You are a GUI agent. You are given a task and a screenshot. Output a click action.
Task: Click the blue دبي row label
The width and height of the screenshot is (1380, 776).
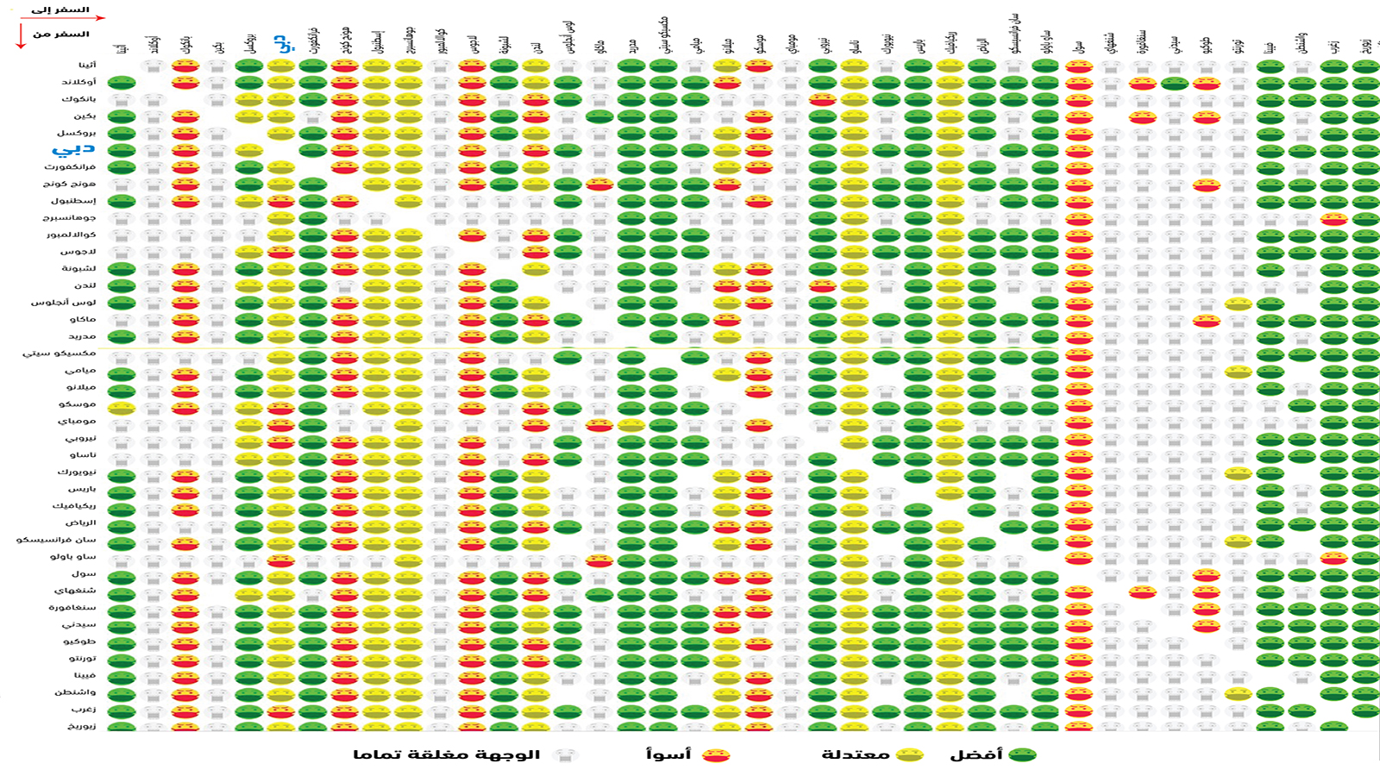[76, 149]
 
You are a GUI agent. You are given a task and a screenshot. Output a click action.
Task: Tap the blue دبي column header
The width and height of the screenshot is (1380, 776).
[282, 43]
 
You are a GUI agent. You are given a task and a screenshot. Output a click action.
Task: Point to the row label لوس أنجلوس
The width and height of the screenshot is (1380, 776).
[65, 303]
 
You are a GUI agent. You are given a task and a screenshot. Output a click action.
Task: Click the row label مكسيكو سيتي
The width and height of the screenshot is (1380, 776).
[60, 354]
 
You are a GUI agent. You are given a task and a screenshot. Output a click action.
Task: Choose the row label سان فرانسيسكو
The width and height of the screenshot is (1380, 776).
[57, 540]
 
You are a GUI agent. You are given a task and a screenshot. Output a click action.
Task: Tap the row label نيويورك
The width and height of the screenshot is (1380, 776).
[77, 472]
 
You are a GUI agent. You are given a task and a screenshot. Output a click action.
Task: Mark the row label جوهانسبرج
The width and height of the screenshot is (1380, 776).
[69, 218]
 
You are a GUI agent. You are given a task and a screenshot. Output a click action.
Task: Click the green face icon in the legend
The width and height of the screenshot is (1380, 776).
[1023, 754]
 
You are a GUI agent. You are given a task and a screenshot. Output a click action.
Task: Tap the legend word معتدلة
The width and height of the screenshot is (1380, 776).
[855, 754]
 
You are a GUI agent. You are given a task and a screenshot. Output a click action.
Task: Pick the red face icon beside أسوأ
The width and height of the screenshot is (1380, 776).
[716, 755]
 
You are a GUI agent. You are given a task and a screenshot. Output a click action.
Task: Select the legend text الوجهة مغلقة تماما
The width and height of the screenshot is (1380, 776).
[446, 754]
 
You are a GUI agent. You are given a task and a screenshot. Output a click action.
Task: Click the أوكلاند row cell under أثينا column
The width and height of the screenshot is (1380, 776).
[122, 83]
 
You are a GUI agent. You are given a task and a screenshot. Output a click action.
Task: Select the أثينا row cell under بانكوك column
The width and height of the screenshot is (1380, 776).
[185, 66]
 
